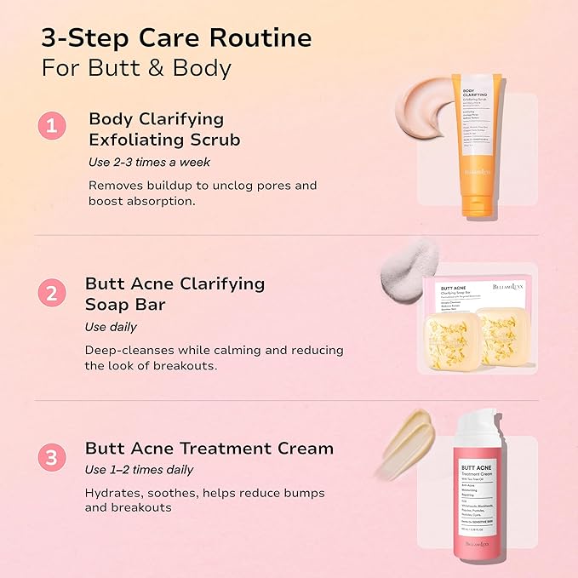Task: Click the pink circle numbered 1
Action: pos(53,127)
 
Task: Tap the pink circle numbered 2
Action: pos(53,294)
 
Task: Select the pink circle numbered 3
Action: pos(53,458)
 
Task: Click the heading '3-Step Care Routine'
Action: pos(176,38)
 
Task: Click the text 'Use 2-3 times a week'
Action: pos(149,162)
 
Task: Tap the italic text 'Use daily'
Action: pos(112,327)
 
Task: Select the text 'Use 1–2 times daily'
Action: pos(140,470)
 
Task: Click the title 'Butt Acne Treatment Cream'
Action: pos(209,448)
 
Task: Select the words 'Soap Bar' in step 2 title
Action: pos(133,304)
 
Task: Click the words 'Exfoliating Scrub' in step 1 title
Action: pos(164,139)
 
